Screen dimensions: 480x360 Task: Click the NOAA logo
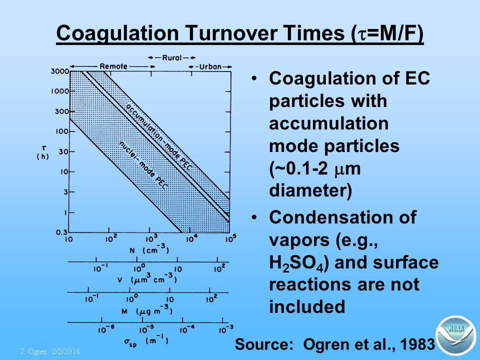coord(455,336)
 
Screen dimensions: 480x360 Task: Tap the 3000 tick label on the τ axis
coord(60,71)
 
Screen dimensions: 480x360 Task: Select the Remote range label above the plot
coord(113,66)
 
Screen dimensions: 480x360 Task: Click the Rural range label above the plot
coord(171,57)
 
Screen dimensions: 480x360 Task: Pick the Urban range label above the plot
coord(210,66)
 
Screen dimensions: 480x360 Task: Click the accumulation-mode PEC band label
coord(159,137)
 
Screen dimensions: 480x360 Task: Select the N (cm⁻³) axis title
coord(149,249)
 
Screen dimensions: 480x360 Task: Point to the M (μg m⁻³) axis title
coord(147,310)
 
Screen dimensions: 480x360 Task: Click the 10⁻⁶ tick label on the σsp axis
coord(106,329)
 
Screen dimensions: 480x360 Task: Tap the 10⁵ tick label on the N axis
coord(231,238)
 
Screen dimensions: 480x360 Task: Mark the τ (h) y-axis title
coord(43,153)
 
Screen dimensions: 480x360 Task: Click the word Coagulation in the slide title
coord(117,33)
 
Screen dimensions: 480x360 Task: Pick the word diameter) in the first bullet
coord(310,190)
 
